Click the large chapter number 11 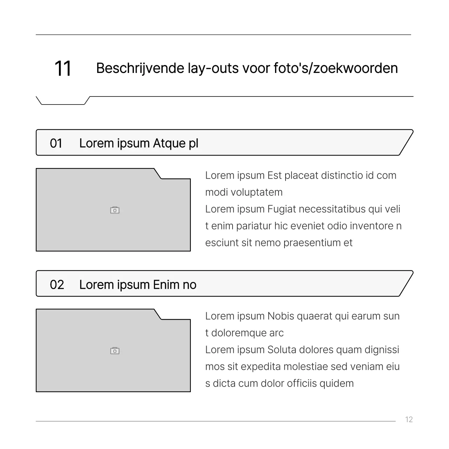click(x=63, y=68)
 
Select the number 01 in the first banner click(x=56, y=143)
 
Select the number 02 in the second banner click(x=57, y=284)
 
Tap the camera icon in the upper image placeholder click(x=115, y=210)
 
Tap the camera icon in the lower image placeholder click(x=115, y=351)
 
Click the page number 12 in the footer click(x=409, y=420)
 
